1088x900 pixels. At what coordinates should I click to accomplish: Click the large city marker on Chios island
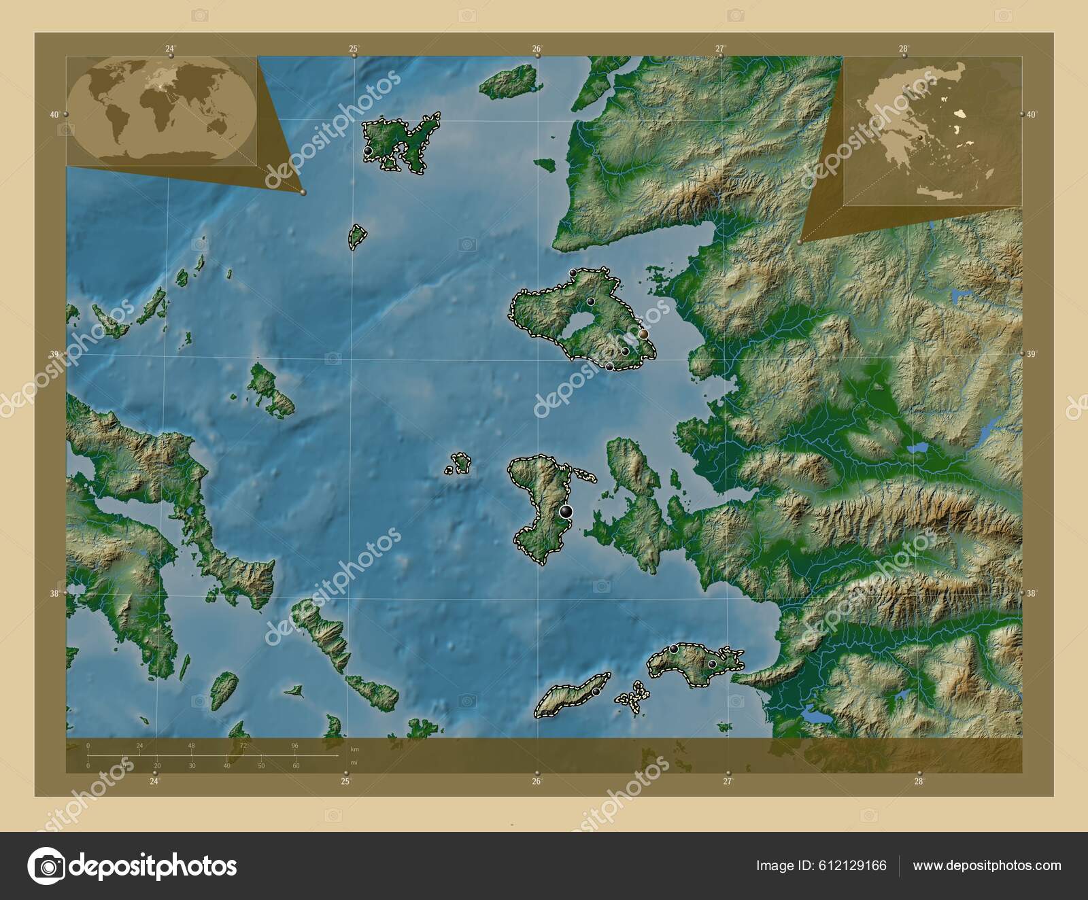(566, 511)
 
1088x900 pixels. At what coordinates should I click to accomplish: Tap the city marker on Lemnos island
(368, 150)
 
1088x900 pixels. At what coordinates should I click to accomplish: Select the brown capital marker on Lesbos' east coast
(643, 334)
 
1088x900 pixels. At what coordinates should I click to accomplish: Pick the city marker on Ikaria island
(596, 691)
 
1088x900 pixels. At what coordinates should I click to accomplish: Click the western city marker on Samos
(673, 649)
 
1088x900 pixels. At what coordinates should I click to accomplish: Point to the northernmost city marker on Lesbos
(573, 273)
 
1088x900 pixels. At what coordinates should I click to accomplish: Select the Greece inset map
(931, 131)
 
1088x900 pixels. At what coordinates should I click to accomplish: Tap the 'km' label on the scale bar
(354, 748)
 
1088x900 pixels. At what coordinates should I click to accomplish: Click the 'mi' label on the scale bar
(354, 763)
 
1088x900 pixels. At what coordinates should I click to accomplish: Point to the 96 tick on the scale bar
(294, 746)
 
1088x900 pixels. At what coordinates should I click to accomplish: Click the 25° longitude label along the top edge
(354, 48)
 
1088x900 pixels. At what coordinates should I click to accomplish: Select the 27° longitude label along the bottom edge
(728, 782)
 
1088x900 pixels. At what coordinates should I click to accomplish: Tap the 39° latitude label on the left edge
(55, 354)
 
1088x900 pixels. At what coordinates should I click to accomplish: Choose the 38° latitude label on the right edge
(1032, 593)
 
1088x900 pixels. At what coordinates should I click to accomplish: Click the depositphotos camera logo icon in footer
(46, 866)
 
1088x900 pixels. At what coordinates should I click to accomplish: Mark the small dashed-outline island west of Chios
(460, 464)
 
